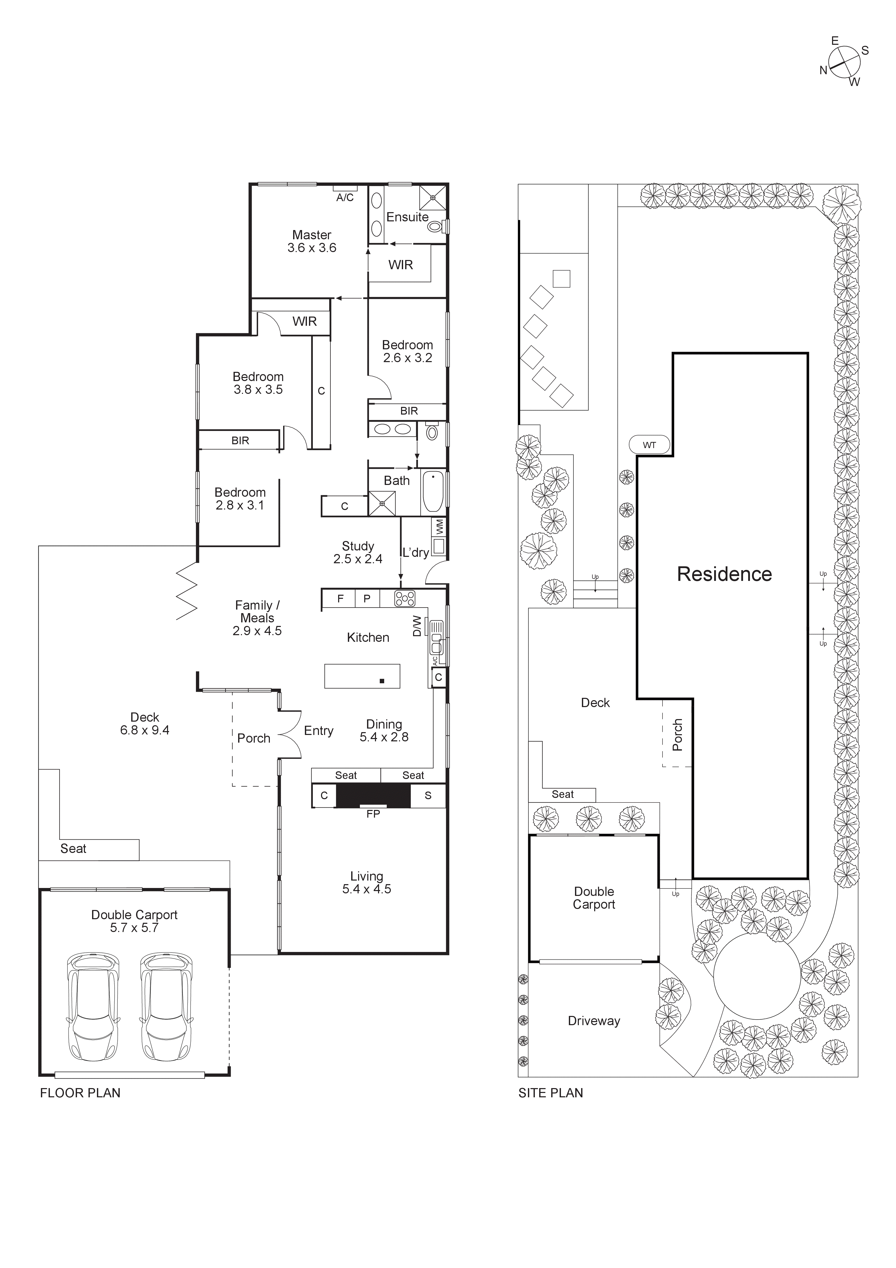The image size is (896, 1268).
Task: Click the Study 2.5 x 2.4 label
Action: pos(358,552)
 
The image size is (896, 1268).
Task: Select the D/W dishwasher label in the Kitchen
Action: pos(417,626)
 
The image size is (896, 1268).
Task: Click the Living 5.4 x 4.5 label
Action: pos(367,883)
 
